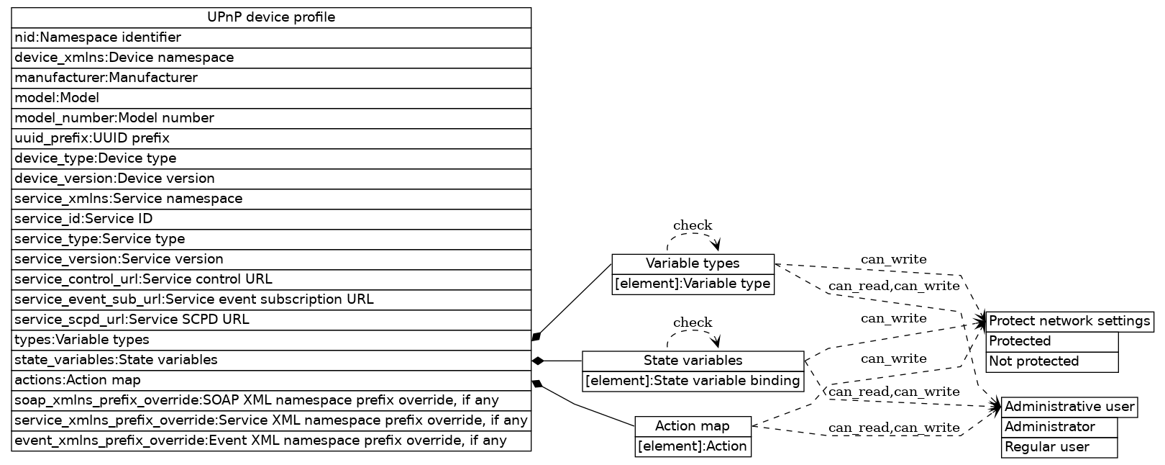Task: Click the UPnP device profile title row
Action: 271,17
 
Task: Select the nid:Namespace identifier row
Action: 271,37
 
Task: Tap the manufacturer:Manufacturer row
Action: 271,78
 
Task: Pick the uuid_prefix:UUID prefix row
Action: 271,138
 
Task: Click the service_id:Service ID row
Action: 271,219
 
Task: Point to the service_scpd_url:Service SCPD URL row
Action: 271,320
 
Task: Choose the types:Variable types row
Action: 271,340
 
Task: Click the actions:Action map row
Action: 271,380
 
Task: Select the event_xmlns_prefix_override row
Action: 271,441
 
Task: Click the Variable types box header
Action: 693,263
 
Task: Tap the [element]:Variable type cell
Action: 693,284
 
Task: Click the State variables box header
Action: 693,361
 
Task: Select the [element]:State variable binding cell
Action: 693,381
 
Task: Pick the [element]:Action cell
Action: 693,446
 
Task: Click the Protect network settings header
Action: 1069,321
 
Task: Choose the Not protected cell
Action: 1053,361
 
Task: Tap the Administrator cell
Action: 1059,427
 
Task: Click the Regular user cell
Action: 1059,447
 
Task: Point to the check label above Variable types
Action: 693,225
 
